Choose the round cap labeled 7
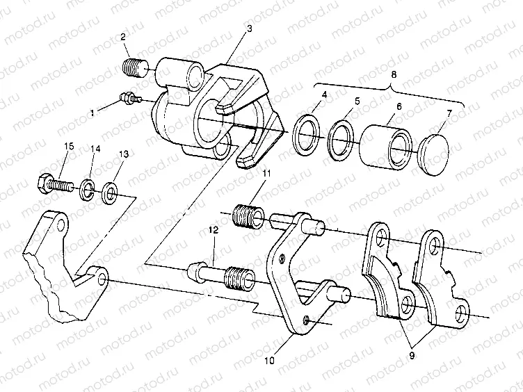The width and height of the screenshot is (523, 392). pyautogui.click(x=435, y=148)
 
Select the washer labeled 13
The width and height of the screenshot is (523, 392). pyautogui.click(x=109, y=190)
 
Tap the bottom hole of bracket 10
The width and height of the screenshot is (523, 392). pyautogui.click(x=307, y=320)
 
